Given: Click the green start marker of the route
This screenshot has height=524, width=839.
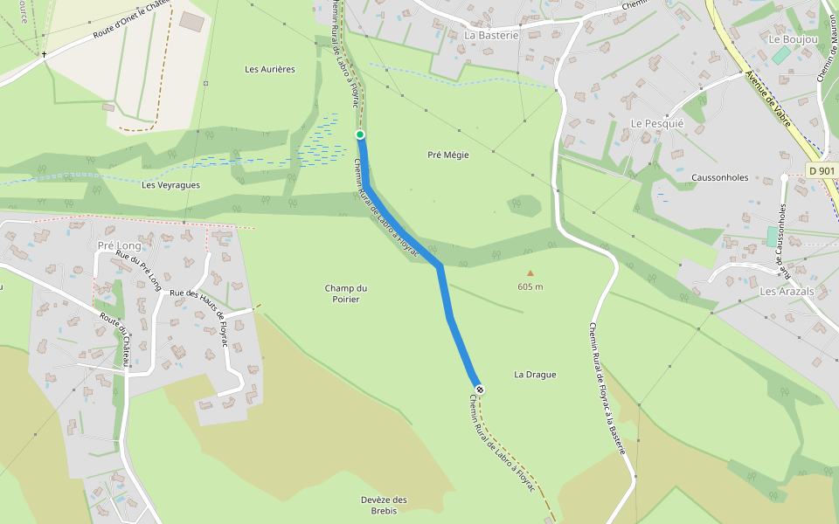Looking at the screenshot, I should [x=359, y=134].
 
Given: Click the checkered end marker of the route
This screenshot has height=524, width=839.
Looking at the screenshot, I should [x=479, y=389].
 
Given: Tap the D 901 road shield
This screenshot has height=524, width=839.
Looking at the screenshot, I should [x=822, y=171].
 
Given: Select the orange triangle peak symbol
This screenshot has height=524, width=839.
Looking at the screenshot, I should [x=530, y=273].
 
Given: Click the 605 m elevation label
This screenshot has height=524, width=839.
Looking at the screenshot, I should [x=530, y=286].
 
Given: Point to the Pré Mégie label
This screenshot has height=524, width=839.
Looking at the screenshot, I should [x=448, y=155].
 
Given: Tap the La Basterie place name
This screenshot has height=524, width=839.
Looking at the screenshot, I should [x=491, y=35].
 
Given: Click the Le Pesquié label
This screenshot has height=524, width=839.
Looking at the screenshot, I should [x=656, y=124].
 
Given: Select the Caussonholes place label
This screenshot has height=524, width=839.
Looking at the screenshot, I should [x=719, y=177].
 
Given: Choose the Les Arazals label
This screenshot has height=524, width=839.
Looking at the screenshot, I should [x=787, y=291].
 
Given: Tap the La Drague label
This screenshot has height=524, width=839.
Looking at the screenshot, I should [x=535, y=375].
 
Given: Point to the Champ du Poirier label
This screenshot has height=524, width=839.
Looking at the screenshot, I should [x=347, y=293].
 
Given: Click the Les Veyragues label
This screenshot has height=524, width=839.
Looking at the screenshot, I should [x=170, y=185].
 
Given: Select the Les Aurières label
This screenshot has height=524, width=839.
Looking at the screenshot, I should [x=270, y=69].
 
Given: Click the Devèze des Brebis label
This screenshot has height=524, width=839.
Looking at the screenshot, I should [x=385, y=505].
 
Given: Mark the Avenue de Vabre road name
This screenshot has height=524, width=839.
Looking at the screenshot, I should [x=768, y=98].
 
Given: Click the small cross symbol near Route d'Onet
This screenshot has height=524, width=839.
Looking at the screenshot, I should [x=45, y=55].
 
